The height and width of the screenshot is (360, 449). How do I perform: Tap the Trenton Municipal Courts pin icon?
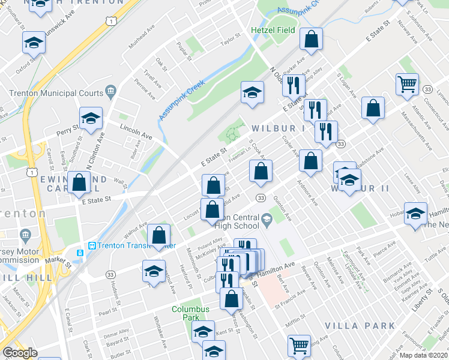click(110, 91)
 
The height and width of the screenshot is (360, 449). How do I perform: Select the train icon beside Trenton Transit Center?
click(92, 245)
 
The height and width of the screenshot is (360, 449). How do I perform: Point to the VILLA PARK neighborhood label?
click(360, 326)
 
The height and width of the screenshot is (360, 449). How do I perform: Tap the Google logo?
click(20, 353)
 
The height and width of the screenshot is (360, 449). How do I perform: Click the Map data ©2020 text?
click(423, 355)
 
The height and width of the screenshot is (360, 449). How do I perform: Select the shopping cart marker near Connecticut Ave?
click(407, 83)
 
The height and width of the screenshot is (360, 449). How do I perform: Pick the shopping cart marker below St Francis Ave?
click(299, 345)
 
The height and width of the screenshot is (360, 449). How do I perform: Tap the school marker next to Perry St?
click(91, 117)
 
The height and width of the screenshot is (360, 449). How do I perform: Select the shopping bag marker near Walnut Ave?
click(159, 235)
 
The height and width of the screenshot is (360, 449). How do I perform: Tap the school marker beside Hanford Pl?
click(154, 271)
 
